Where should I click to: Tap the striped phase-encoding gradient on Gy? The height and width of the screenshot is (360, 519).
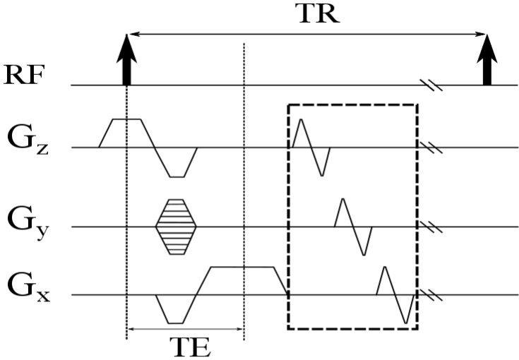click(176, 226)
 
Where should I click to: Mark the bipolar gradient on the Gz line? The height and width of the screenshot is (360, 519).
click(311, 147)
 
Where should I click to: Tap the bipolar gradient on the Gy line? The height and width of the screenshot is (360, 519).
click(353, 227)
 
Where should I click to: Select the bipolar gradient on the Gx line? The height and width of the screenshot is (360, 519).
click(395, 294)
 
